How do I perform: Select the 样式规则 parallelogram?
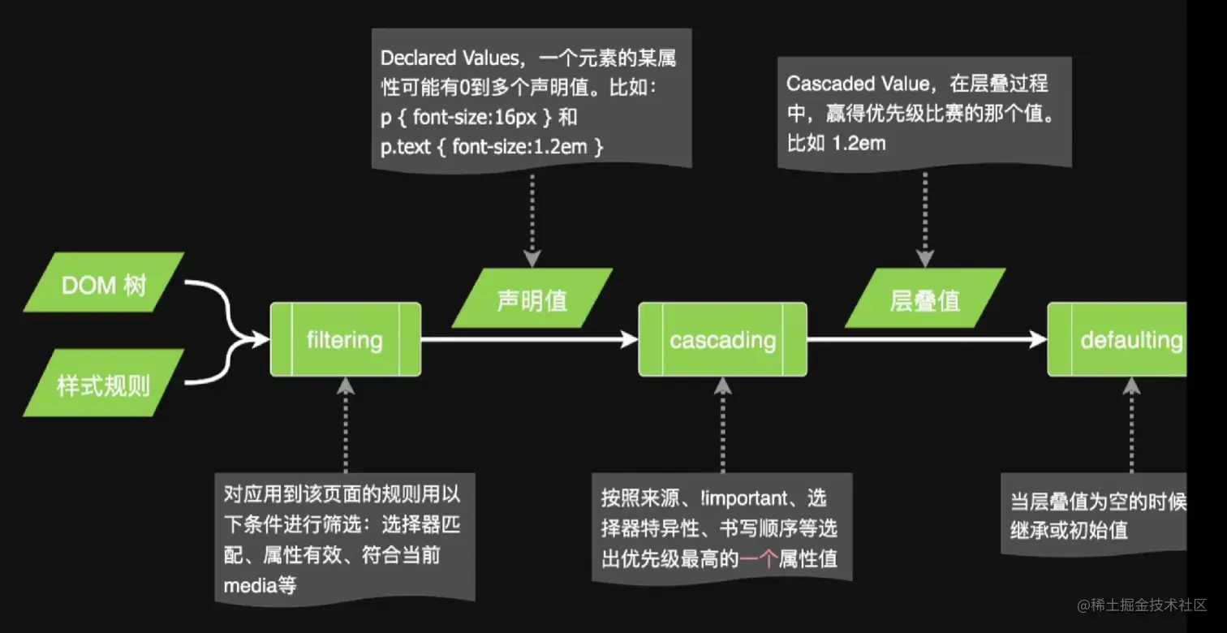pyautogui.click(x=104, y=383)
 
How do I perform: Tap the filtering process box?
pyautogui.click(x=346, y=339)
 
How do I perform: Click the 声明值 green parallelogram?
pyautogui.click(x=532, y=299)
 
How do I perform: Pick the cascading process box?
pyautogui.click(x=722, y=339)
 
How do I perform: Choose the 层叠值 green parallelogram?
pyautogui.click(x=924, y=299)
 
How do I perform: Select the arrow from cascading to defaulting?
pyautogui.click(x=925, y=339)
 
